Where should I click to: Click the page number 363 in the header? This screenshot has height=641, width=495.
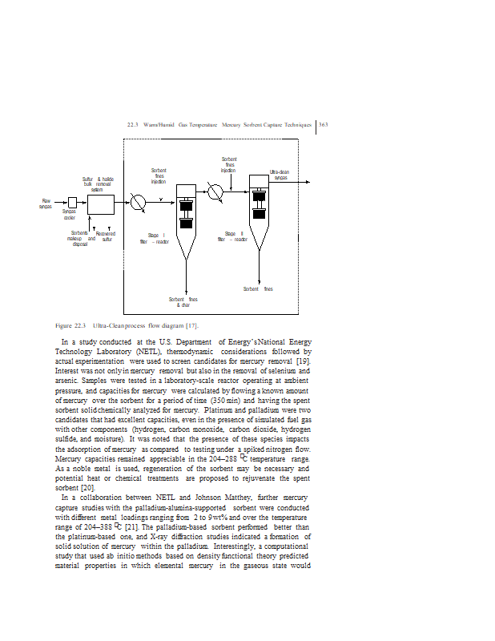click(324, 124)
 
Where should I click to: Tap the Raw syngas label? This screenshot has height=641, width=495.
click(46, 204)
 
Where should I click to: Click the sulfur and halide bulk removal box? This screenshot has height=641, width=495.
click(100, 204)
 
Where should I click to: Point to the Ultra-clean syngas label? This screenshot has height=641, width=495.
click(280, 175)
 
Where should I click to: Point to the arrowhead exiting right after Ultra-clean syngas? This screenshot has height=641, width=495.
click(307, 182)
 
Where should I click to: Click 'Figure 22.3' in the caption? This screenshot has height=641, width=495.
click(70, 325)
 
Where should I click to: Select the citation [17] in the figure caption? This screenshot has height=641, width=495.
click(191, 325)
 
